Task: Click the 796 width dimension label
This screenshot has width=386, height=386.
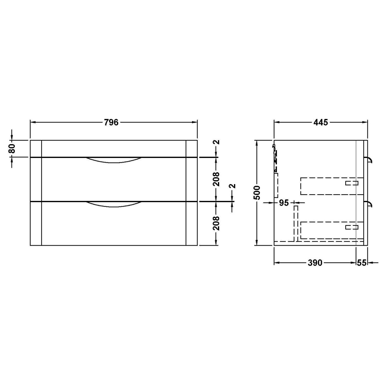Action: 111,122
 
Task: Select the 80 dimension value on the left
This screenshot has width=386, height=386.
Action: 12,148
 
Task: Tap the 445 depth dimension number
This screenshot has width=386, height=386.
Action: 321,122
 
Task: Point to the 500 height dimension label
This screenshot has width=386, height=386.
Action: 257,192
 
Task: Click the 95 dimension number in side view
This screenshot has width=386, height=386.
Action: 284,203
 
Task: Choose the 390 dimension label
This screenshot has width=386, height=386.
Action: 315,263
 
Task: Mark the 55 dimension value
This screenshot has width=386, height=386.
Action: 362,263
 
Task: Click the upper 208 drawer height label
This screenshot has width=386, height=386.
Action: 216,179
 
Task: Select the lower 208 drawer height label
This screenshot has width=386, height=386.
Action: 216,223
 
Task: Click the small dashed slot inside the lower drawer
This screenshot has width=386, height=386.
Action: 352,227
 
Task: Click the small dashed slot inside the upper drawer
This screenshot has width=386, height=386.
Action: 352,183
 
